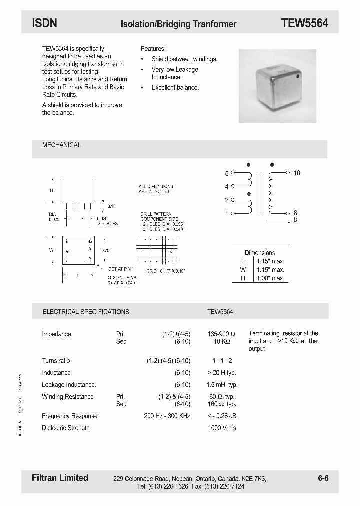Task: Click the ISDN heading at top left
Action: pos(45,23)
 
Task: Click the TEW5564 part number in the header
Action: pos(304,23)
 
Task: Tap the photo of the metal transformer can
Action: pos(277,86)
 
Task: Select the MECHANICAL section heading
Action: pos(61,145)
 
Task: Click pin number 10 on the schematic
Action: pos(297,173)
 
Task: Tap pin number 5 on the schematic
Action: pos(227,173)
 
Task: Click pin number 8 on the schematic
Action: pos(295,220)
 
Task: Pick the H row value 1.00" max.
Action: pos(270,278)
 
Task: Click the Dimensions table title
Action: pos(260,253)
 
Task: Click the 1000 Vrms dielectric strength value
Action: pos(222,428)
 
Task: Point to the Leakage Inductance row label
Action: pos(69,385)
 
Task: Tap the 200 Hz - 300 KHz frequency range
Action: pos(167,416)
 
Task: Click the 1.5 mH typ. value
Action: pos(222,385)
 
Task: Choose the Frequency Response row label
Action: pos(70,416)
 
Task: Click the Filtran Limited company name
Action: pos(56,478)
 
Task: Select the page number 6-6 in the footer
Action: pos(323,478)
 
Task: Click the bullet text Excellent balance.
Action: pos(175,88)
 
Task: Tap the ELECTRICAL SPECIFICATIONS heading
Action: pos(86,312)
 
